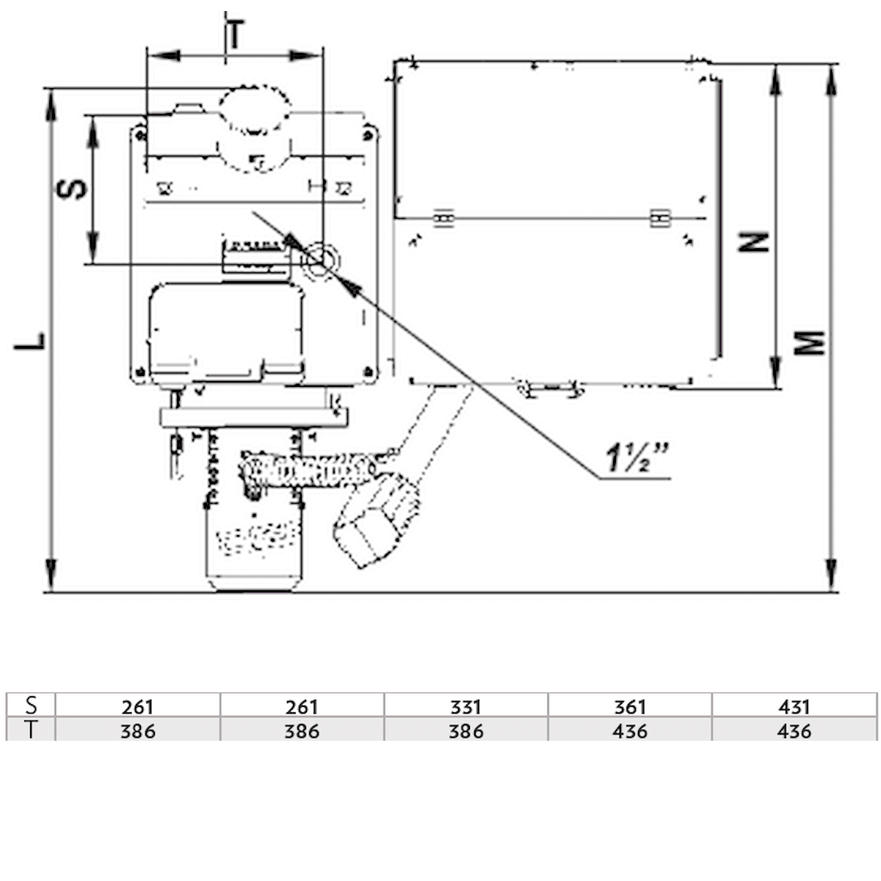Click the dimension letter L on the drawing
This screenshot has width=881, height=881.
pos(30,341)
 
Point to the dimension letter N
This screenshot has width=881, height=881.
pos(754,242)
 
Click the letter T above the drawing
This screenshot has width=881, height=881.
pos(234,35)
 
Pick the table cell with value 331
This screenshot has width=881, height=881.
pos(465,706)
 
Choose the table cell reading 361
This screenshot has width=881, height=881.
pos(629,706)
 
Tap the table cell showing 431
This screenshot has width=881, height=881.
pos(794,706)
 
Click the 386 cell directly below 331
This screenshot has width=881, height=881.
pos(465,730)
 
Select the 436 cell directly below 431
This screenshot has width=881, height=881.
pos(794,730)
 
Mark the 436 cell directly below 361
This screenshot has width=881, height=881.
pos(629,730)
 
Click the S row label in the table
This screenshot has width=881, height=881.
pos(31,706)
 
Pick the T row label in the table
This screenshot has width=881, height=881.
pos(31,730)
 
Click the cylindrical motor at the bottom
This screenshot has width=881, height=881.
pos(252,543)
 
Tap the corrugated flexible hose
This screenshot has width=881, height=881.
pos(308,470)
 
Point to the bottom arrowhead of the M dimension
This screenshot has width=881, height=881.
pos(831,576)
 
